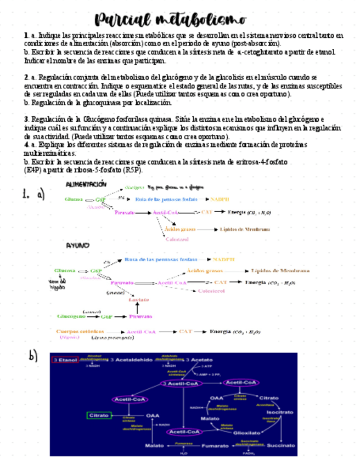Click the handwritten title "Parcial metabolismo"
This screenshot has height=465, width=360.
170,20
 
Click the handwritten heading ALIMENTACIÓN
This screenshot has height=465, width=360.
86,184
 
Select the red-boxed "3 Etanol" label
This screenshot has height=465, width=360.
65,360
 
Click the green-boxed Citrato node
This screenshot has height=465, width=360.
99,415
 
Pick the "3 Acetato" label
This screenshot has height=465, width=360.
199,360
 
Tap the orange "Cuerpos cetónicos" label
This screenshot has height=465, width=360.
80,331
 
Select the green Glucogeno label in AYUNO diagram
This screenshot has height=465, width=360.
71,316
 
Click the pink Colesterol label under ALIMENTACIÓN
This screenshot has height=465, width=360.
177,239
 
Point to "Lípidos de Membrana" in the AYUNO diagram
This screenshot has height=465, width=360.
280,270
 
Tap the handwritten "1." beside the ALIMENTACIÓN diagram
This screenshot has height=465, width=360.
25,194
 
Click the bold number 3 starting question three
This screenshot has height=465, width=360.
26,118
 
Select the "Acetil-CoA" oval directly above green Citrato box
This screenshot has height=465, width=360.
130,399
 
